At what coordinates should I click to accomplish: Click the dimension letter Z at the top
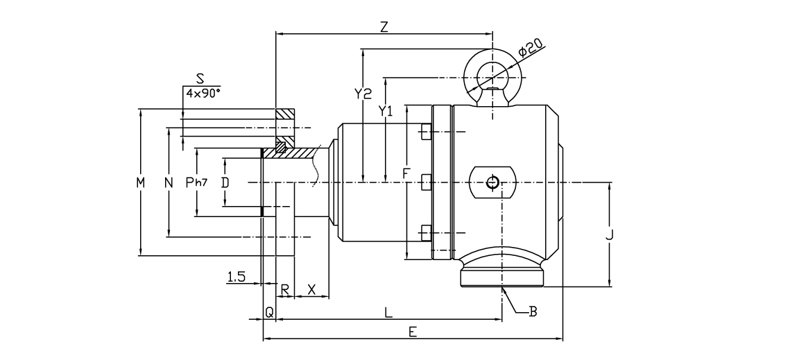384,26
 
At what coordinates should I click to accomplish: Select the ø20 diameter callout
530,49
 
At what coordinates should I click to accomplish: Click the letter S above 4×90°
200,79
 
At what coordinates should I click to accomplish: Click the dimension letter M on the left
141,182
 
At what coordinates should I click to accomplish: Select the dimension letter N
169,182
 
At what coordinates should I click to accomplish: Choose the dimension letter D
225,182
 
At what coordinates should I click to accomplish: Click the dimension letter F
406,173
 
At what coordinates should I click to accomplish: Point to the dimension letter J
609,235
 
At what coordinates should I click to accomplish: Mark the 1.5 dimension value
237,277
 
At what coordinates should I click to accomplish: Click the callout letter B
533,312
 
